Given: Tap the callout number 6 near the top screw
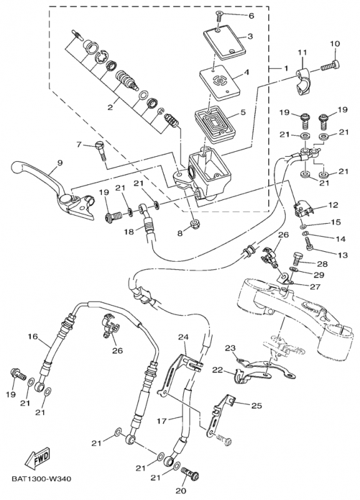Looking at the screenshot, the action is coord(251,15).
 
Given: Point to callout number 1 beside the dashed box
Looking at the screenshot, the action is coord(286,68).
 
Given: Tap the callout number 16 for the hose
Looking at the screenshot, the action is coord(32,336).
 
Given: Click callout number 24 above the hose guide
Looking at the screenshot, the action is coord(183,336).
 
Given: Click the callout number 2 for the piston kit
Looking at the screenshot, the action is coord(110,107).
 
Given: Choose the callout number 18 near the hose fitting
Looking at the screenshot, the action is coord(129,231).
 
